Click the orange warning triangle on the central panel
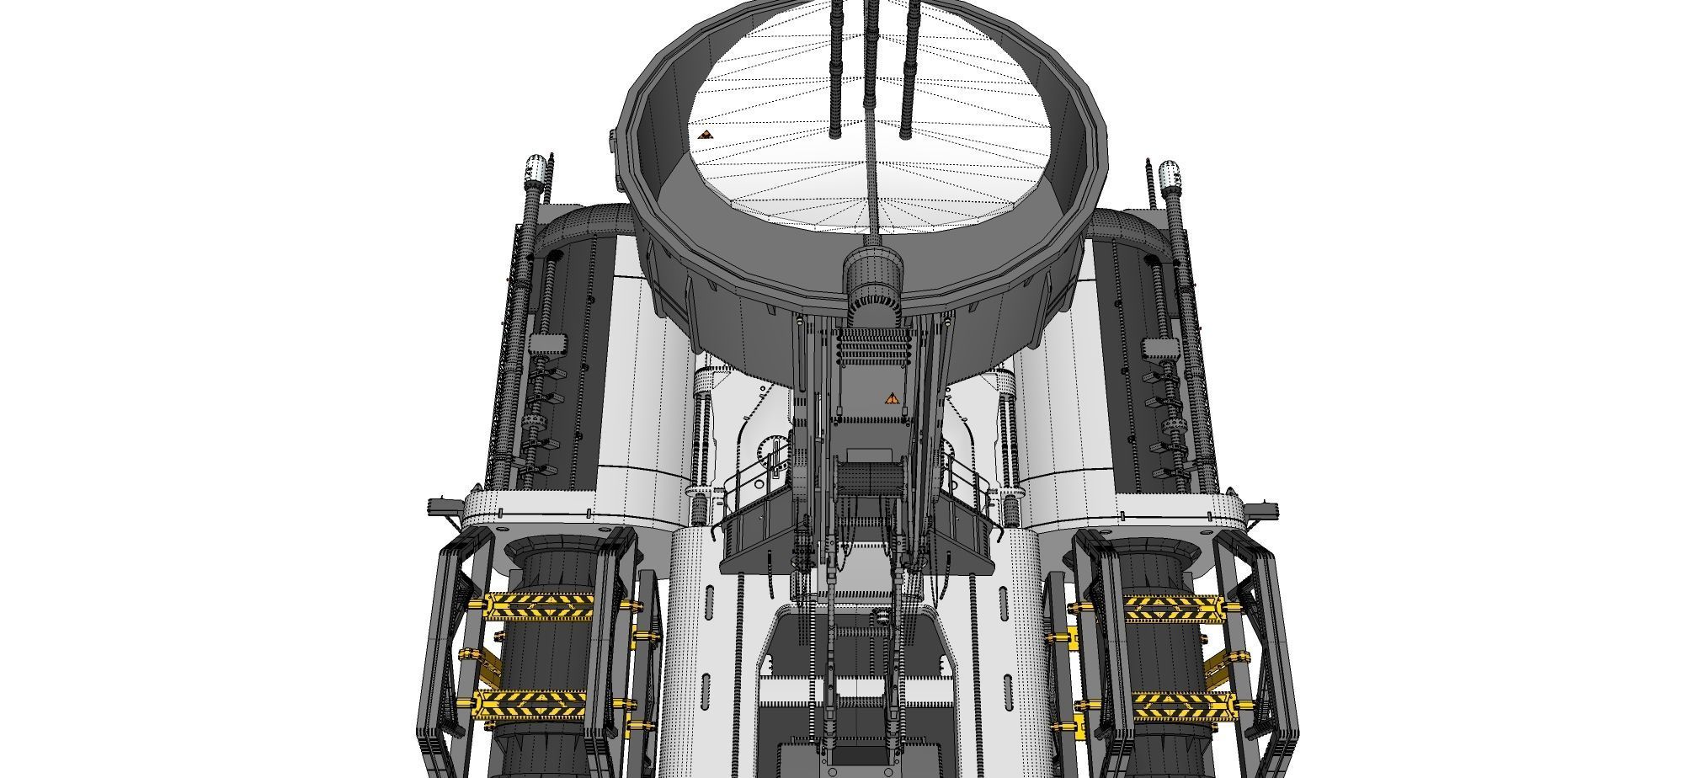pos(891,398)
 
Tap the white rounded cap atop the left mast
pos(536,172)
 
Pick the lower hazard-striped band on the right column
pos(1179,706)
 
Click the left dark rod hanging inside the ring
pos(836,67)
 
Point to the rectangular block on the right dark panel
pos(1159,347)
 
